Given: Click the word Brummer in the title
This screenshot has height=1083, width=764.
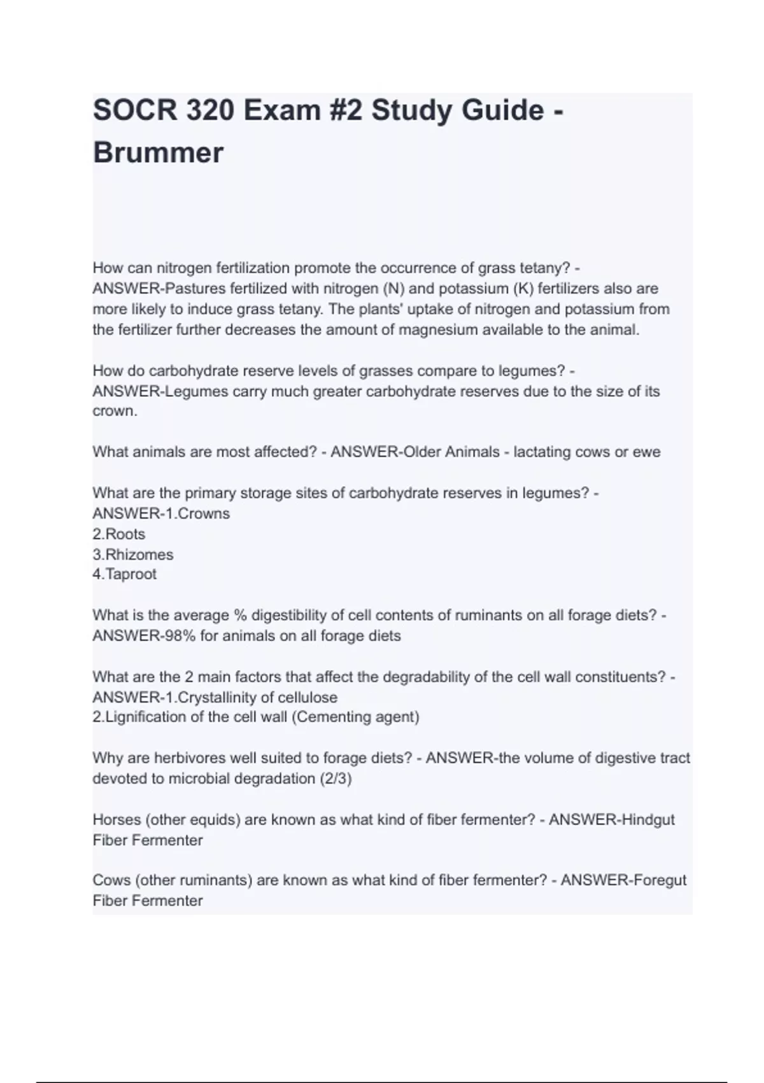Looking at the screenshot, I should (x=158, y=153).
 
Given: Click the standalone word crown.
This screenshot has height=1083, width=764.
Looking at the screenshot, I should (x=115, y=411).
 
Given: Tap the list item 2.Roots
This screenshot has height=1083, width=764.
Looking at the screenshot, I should (x=119, y=534).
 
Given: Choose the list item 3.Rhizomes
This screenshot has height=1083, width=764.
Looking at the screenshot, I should (x=133, y=554).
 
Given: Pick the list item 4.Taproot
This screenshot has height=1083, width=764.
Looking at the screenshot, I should (x=125, y=574).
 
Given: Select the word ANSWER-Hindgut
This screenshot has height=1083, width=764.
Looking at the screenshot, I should (x=611, y=819).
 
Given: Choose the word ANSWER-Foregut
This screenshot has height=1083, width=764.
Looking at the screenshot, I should (x=623, y=880).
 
